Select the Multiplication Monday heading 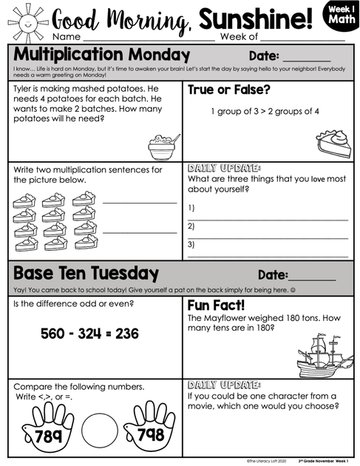(102, 55)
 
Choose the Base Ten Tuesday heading (86, 273)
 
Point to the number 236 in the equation (126, 334)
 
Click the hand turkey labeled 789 (49, 428)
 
